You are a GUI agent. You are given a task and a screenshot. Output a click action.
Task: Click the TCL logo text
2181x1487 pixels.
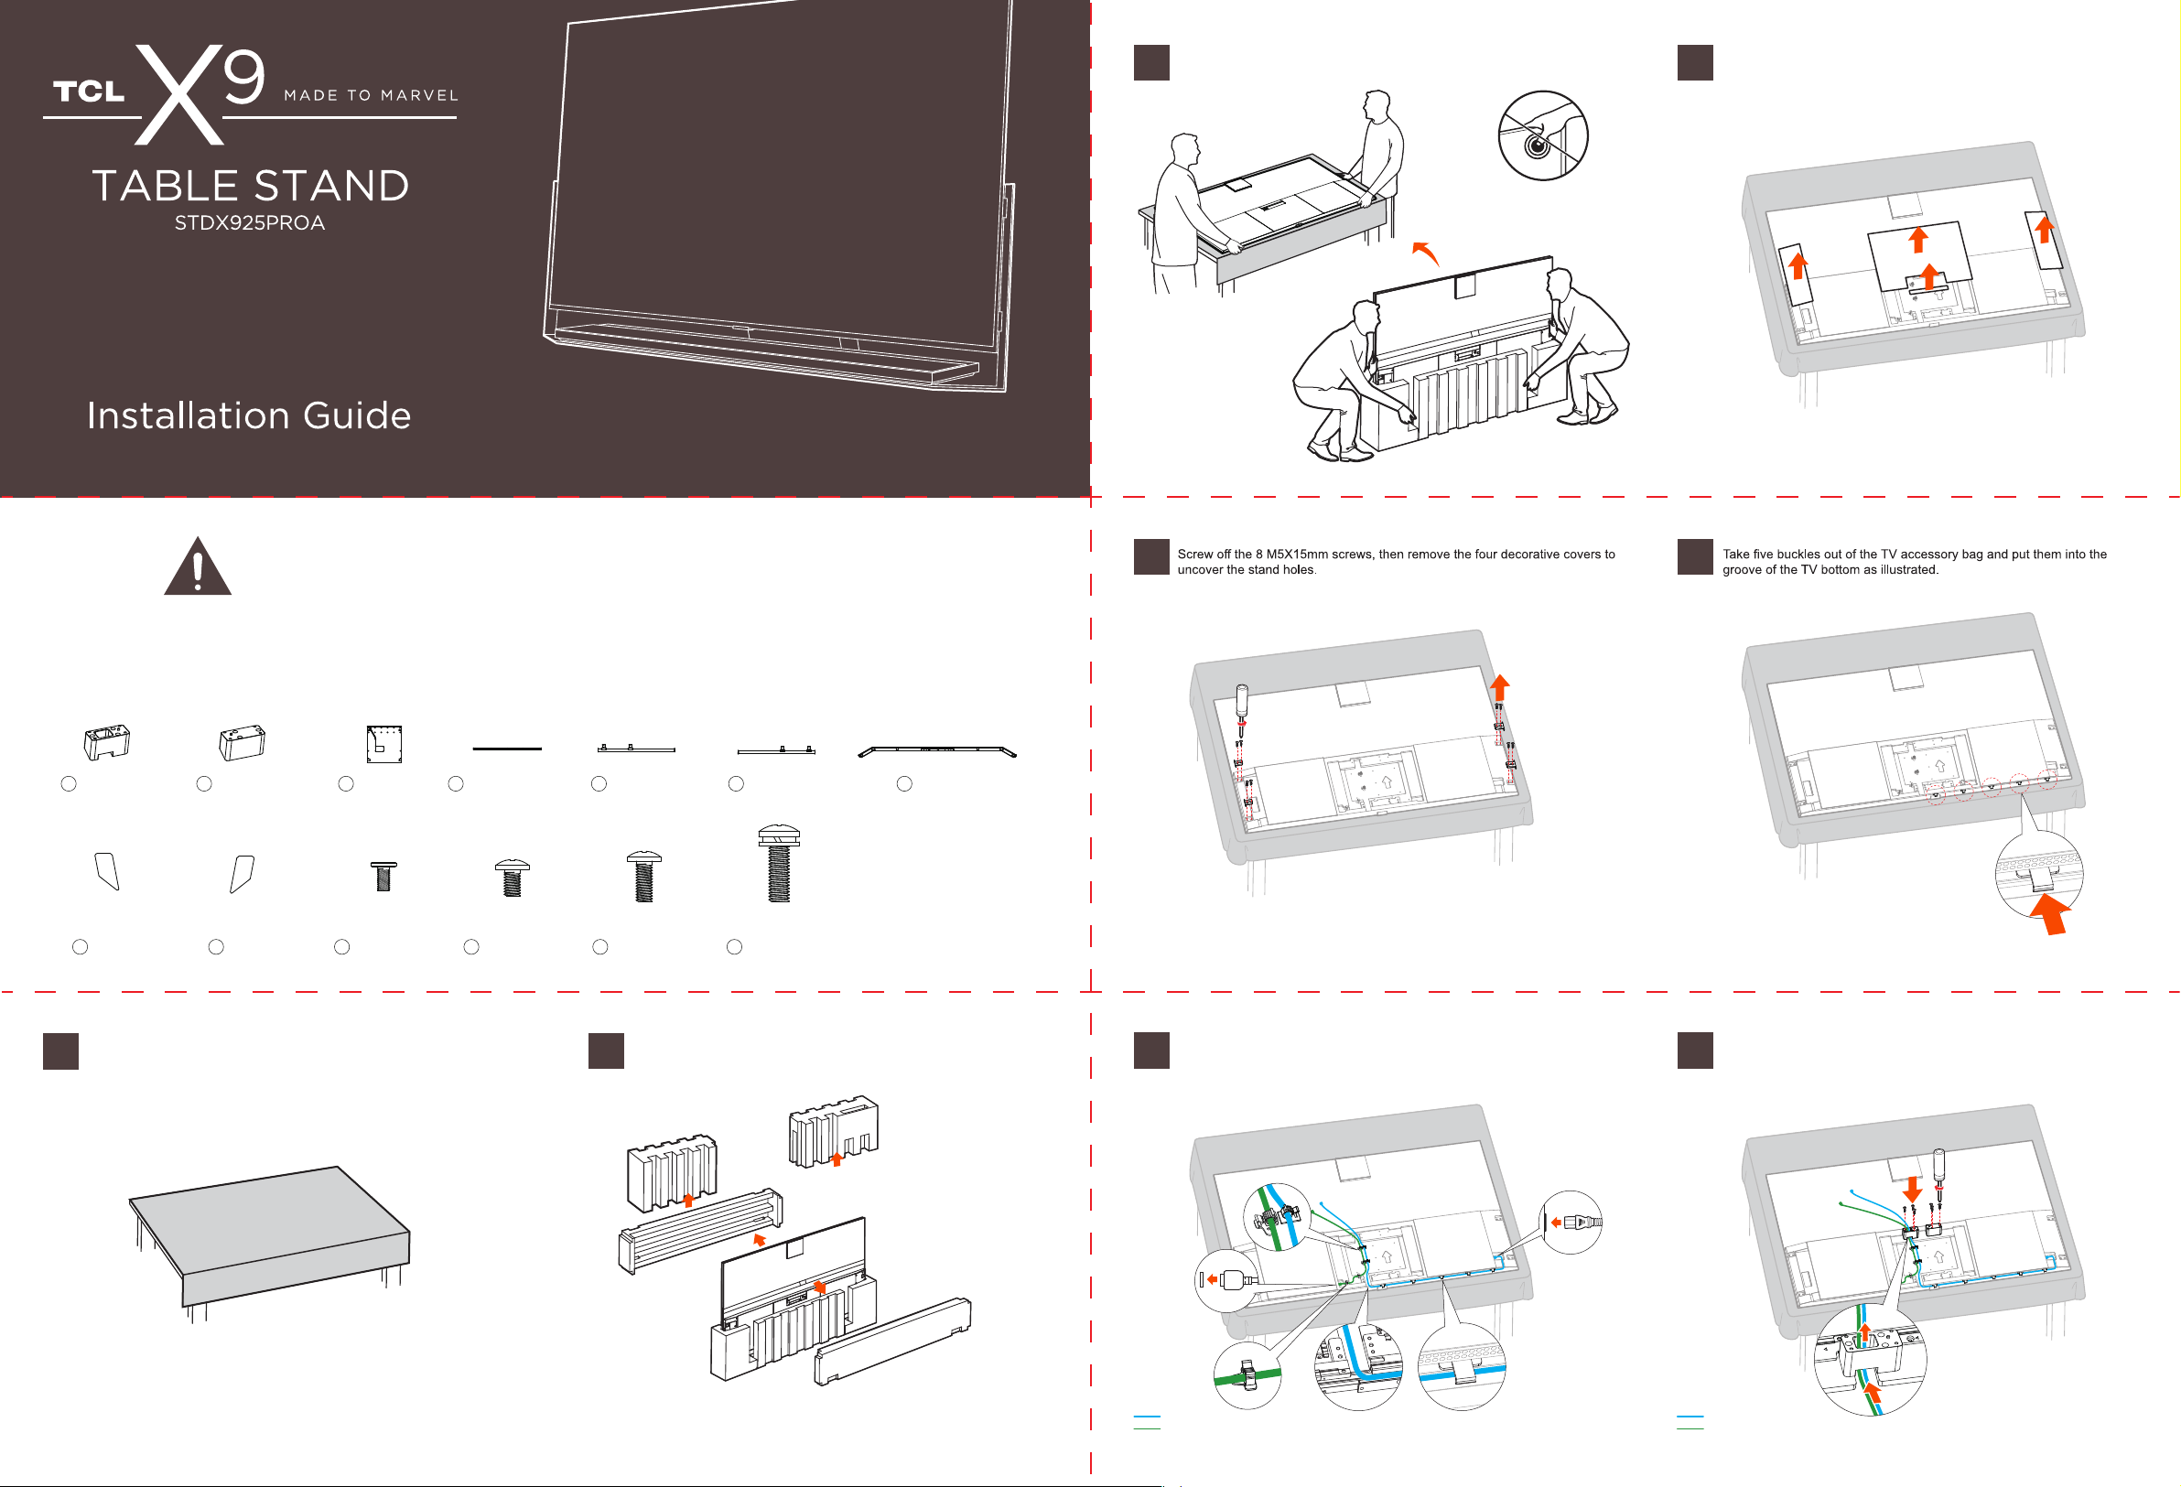click(89, 91)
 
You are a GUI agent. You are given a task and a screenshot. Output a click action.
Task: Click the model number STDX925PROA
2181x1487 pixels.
click(250, 223)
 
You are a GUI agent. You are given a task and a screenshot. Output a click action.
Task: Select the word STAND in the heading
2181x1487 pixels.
click(331, 186)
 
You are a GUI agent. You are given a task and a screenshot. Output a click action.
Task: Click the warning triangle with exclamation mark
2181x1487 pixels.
click(197, 566)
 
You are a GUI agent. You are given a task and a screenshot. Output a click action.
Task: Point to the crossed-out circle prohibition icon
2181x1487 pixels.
click(1543, 136)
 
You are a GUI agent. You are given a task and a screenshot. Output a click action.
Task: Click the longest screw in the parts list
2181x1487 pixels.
click(778, 863)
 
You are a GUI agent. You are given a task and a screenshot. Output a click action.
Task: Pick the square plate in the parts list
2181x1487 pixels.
click(383, 744)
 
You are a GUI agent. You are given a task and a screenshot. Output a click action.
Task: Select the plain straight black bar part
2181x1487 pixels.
click(507, 749)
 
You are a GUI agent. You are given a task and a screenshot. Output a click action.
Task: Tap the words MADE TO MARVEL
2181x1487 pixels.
click(372, 96)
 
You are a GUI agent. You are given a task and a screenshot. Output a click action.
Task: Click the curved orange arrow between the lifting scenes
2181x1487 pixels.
click(1426, 253)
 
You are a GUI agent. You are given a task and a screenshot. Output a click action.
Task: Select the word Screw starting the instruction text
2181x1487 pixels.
click(1196, 555)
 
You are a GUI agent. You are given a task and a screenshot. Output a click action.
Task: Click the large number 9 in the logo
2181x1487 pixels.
click(244, 76)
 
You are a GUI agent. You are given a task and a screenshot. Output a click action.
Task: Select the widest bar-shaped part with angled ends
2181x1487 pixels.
click(937, 751)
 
